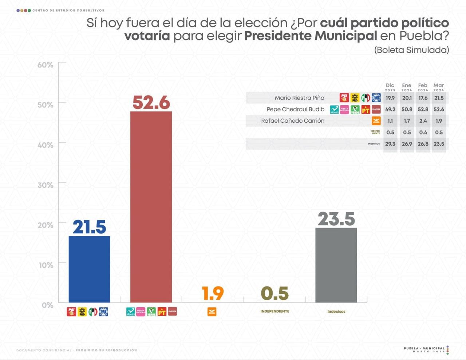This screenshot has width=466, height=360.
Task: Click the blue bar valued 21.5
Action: coord(89,269)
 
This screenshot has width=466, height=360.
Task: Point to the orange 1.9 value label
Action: coord(213,293)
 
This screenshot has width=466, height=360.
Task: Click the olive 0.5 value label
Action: coord(275,293)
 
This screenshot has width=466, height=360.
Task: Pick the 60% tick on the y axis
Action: coord(45,65)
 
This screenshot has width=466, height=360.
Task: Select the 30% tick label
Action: coord(45,185)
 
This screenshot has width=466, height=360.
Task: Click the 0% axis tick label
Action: coord(47,305)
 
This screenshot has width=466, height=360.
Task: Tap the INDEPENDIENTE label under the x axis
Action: coord(275,311)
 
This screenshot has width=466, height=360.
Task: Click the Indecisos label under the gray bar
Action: coord(336,312)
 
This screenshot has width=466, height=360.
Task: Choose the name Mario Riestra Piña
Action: coord(299,98)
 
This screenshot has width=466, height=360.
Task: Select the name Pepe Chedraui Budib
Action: coord(295,109)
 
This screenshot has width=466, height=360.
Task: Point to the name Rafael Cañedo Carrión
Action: coord(293,121)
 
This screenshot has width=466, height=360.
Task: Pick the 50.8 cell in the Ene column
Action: coord(407,109)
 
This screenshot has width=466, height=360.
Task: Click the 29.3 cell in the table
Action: coord(390,144)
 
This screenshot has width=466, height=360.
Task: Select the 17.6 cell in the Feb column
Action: coord(423,98)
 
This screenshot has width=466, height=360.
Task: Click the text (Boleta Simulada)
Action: coord(411,50)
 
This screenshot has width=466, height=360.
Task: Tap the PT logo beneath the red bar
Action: coord(162,312)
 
